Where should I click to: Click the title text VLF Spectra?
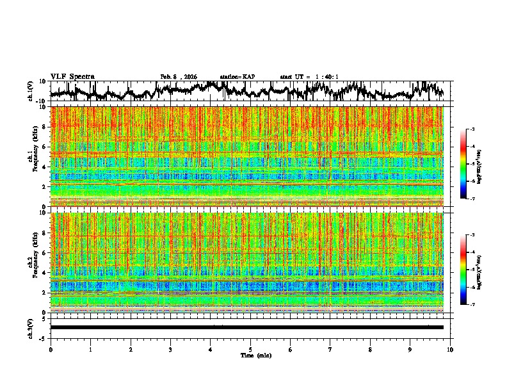click(x=72, y=77)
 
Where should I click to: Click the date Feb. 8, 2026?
click(x=179, y=77)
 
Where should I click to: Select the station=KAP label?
click(x=237, y=77)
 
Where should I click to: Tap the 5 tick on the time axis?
click(x=251, y=350)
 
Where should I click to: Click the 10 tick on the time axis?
click(x=451, y=350)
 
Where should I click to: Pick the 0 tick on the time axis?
click(x=51, y=350)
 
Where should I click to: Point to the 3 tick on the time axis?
click(x=171, y=350)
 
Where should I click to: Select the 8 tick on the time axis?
click(x=371, y=350)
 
